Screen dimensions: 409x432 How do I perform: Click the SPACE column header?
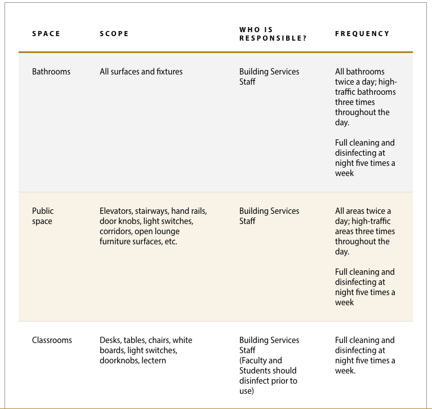(46, 34)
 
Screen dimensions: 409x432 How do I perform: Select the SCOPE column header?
(114, 34)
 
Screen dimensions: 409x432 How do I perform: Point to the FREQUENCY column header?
(362, 34)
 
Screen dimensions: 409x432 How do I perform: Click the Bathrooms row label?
(51, 72)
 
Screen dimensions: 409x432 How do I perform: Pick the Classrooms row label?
(52, 340)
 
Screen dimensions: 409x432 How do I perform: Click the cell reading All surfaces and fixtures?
(141, 72)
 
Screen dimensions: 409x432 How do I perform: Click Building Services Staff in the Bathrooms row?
(269, 77)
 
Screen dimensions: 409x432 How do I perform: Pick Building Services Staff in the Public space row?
(269, 216)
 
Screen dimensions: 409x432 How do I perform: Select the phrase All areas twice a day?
(363, 216)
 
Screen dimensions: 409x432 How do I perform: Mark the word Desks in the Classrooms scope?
(109, 340)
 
